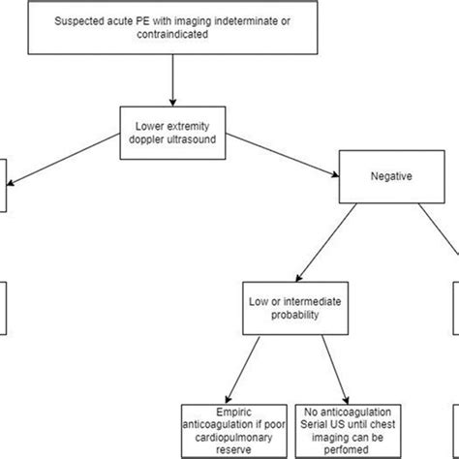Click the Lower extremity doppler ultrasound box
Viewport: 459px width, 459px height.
(x=171, y=133)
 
